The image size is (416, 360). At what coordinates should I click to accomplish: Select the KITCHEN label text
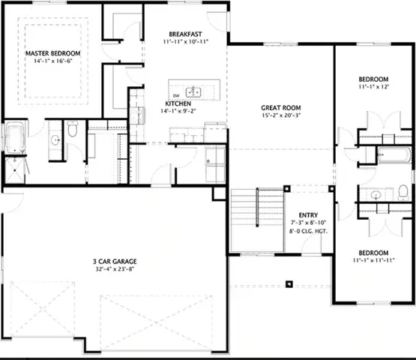coord(178,103)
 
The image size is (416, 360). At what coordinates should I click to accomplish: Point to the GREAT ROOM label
coord(281,107)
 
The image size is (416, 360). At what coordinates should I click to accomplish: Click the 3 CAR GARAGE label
coord(115,262)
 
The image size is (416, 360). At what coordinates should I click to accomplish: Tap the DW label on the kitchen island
coord(175,96)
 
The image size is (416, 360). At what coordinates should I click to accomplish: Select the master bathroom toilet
coord(73,132)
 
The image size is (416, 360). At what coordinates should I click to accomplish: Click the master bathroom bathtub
coord(15,139)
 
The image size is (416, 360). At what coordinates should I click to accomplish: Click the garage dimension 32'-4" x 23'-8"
coord(115,271)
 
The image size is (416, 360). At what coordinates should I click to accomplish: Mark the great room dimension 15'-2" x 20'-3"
coord(281,115)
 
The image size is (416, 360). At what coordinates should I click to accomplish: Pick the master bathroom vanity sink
coord(57,139)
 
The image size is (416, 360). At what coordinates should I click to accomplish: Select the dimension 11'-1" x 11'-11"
coord(373,260)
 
